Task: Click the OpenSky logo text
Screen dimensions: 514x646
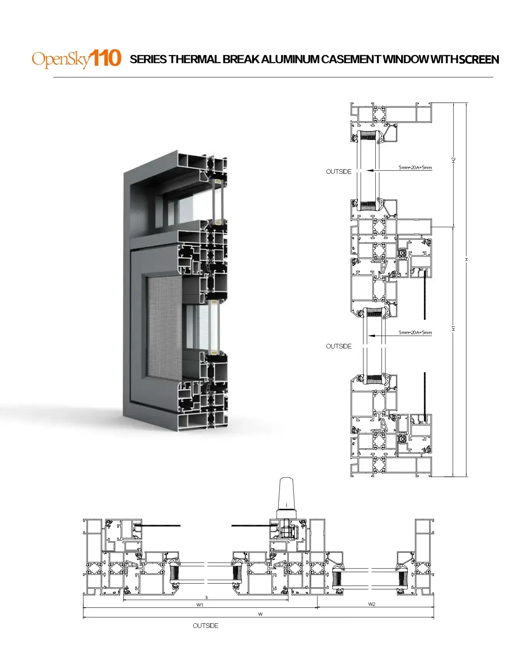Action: [61, 59]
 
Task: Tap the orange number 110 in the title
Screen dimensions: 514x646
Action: [105, 58]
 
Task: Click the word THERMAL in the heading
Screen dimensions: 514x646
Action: [194, 59]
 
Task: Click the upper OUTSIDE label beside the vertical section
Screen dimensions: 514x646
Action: [339, 172]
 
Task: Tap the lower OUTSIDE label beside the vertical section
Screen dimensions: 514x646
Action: [339, 346]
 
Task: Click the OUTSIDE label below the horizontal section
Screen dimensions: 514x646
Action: [206, 626]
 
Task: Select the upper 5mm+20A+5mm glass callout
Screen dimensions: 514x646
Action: [415, 168]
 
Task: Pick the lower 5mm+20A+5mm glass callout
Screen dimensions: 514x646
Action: [415, 332]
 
